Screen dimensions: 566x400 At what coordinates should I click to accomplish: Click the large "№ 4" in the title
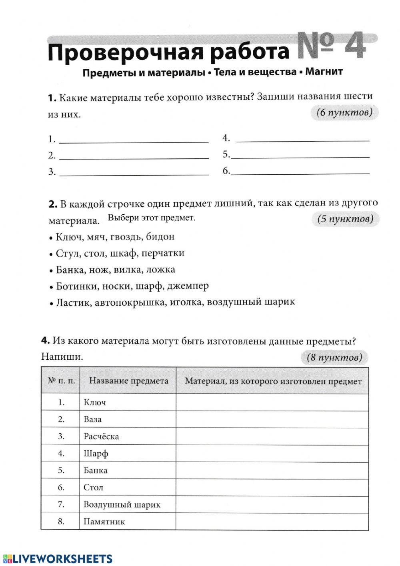[331, 46]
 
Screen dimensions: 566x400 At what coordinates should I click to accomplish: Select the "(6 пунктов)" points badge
[344, 113]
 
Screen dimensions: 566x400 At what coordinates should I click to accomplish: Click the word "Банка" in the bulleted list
[69, 270]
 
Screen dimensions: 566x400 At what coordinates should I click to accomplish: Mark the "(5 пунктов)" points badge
[345, 219]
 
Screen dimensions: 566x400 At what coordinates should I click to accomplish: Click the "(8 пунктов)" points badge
[334, 357]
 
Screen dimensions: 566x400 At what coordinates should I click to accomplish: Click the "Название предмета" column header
[128, 381]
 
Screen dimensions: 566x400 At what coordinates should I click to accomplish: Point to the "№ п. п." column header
[61, 381]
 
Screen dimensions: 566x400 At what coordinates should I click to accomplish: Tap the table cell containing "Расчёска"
[101, 436]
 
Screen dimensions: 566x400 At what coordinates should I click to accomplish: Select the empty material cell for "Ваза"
[272, 419]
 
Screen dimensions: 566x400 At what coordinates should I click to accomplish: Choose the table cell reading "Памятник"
[104, 522]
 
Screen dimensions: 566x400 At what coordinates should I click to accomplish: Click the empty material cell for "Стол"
[272, 487]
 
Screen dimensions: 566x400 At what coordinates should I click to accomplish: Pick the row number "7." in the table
[61, 504]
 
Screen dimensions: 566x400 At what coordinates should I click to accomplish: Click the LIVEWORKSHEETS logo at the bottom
[58, 559]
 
